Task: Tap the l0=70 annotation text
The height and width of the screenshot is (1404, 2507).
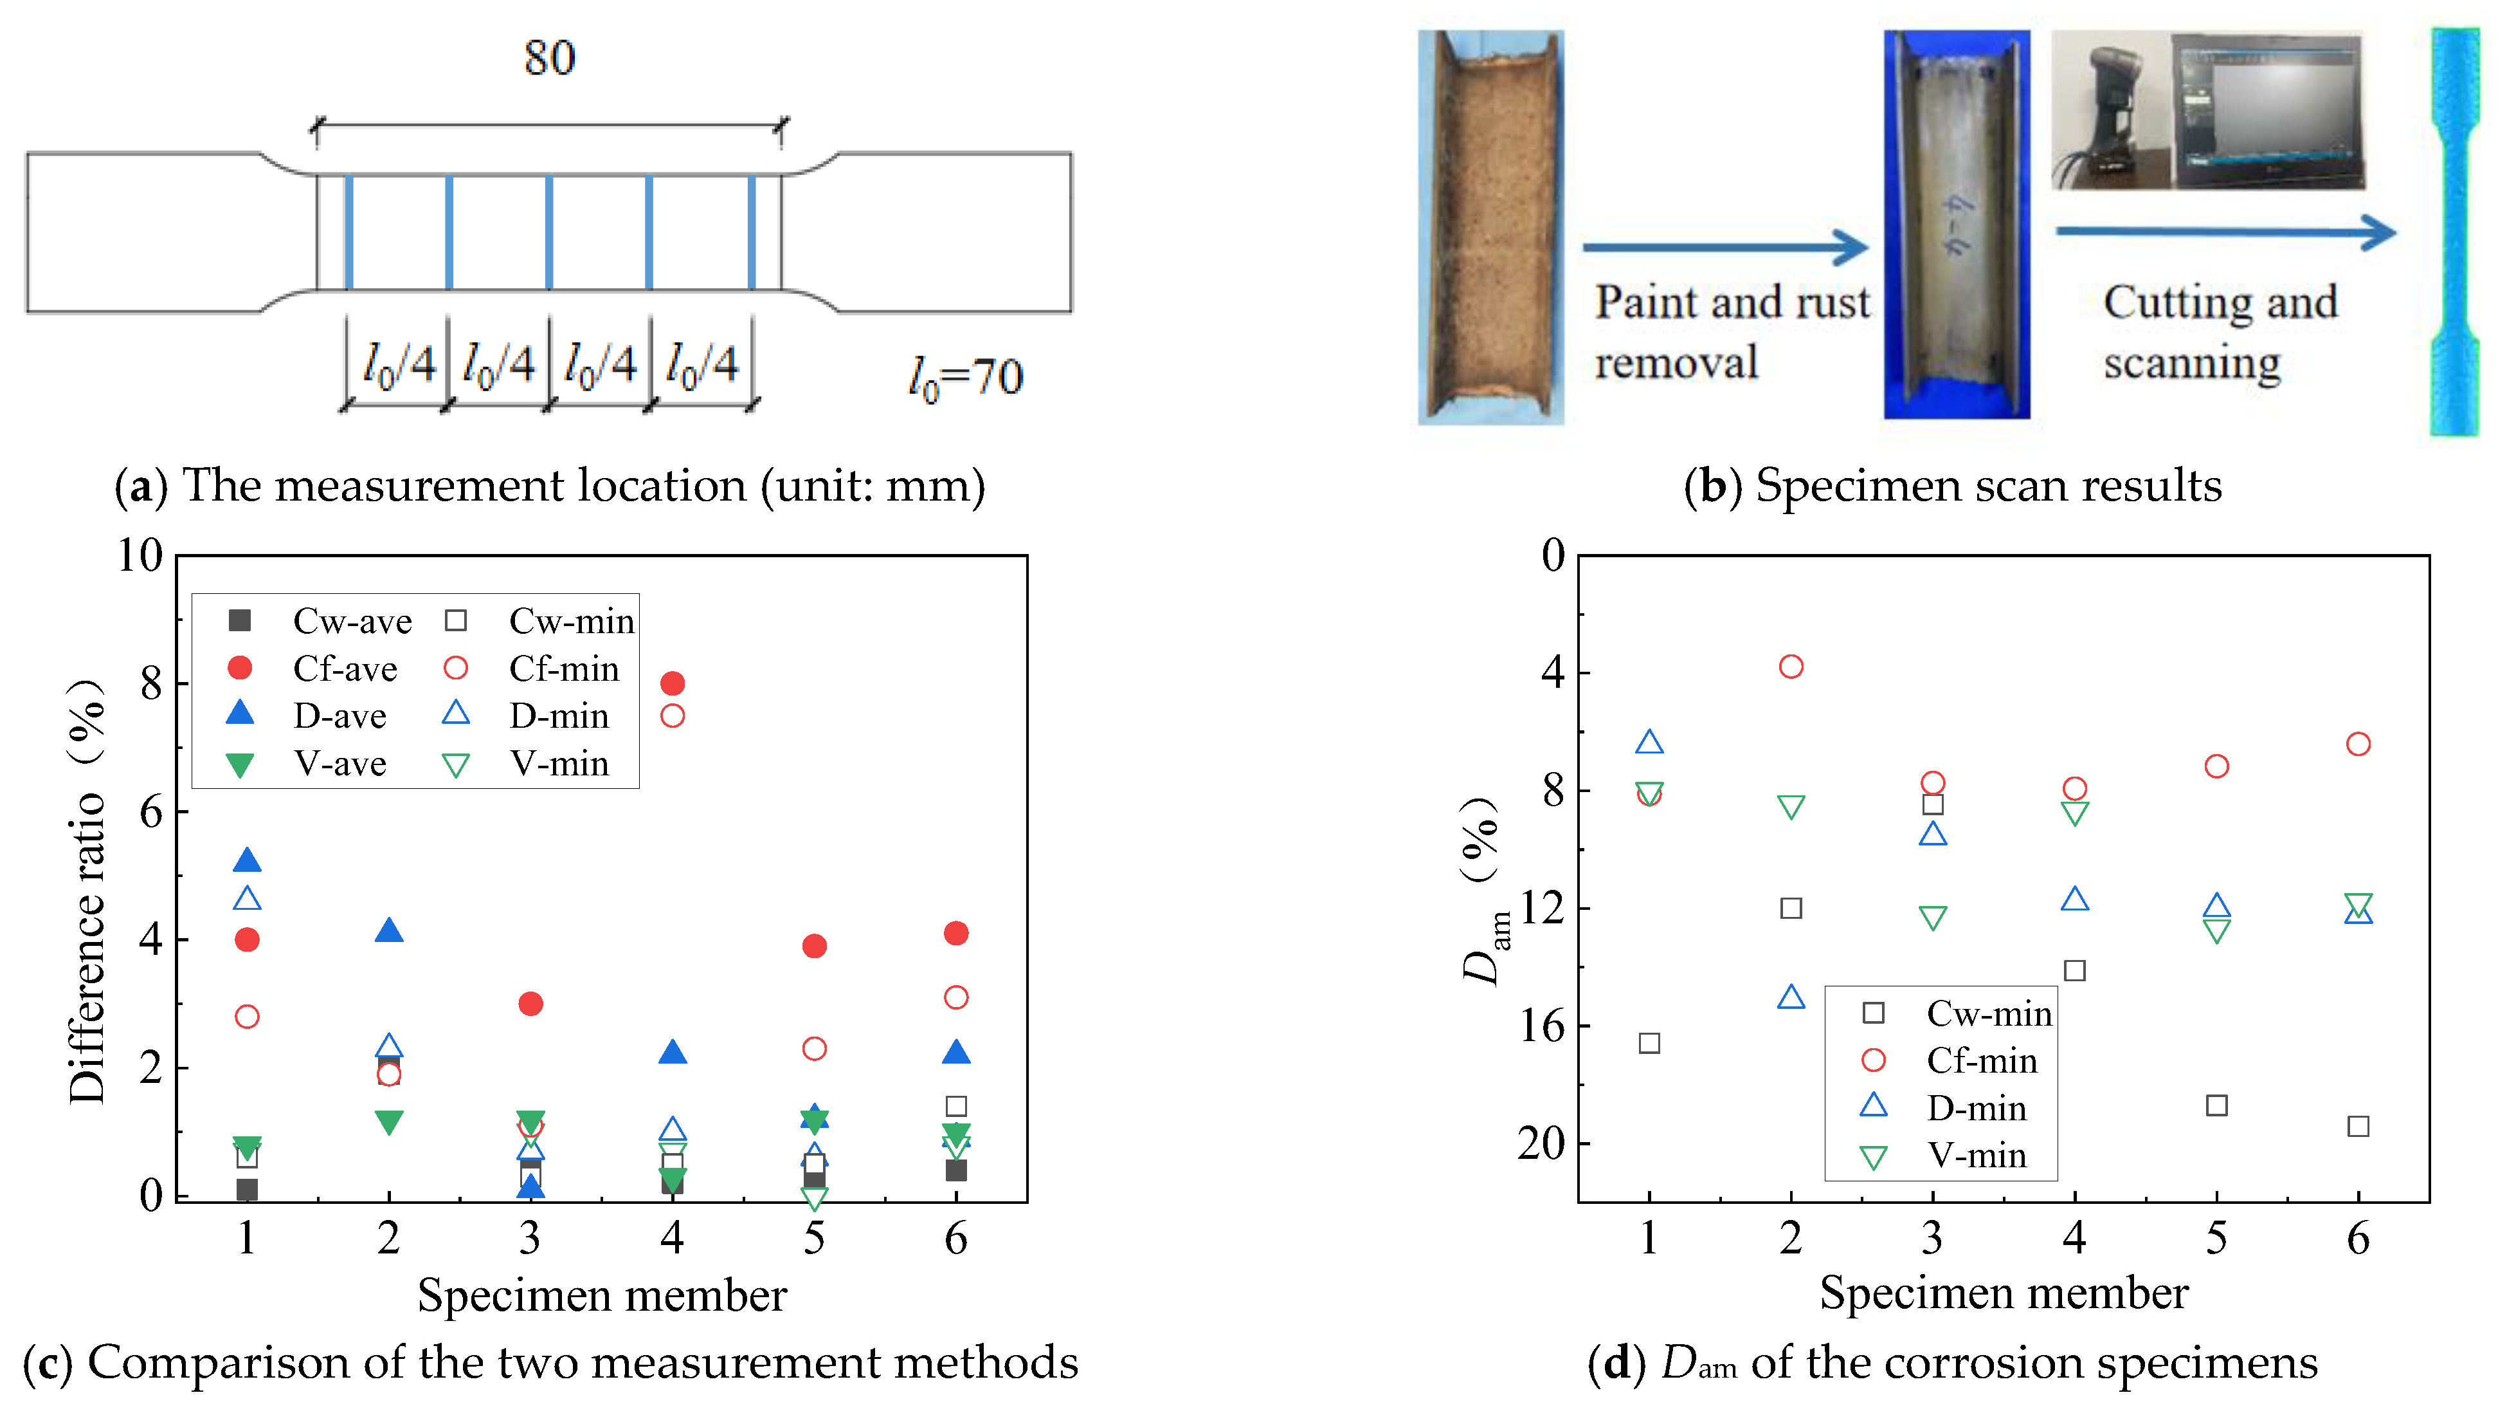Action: pos(965,377)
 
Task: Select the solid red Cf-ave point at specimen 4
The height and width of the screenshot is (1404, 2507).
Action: pos(673,683)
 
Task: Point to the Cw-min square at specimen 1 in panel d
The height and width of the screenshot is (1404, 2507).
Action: pos(1649,1043)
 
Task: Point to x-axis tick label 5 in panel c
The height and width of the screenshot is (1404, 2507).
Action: pos(815,1239)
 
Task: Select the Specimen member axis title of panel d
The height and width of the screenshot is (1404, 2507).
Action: pos(2004,1293)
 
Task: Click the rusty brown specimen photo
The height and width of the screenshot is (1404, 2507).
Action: pos(1490,227)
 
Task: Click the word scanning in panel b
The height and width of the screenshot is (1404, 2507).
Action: pos(2192,363)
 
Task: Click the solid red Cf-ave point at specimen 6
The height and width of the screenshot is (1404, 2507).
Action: pos(955,934)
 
